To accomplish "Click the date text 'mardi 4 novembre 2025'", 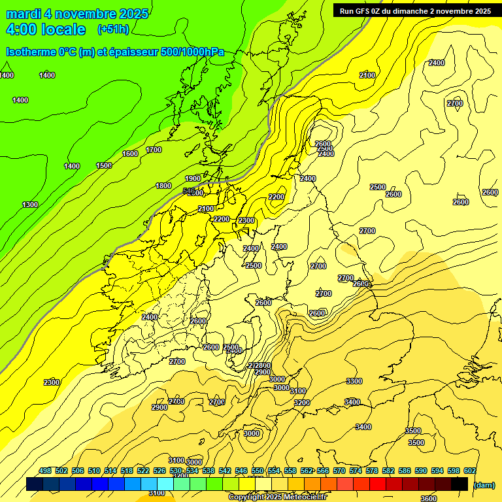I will click(x=77, y=14).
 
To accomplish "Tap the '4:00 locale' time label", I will click(x=46, y=29).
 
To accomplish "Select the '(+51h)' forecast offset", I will click(x=113, y=29).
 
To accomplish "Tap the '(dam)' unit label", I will click(x=484, y=484).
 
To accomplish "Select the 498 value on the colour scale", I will click(x=45, y=471).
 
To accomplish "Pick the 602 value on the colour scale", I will click(x=470, y=471).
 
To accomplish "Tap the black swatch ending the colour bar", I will click(x=460, y=484).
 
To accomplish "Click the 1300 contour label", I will click(x=30, y=205).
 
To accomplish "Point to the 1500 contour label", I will click(x=104, y=165).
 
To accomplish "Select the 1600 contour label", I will click(x=130, y=154).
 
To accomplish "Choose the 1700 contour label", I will click(x=154, y=150).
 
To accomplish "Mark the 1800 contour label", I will click(x=163, y=186).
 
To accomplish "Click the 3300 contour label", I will click(x=354, y=380).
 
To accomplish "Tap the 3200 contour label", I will click(x=302, y=403).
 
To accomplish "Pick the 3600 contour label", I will click(x=429, y=480).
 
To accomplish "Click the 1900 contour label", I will click(x=193, y=178).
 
